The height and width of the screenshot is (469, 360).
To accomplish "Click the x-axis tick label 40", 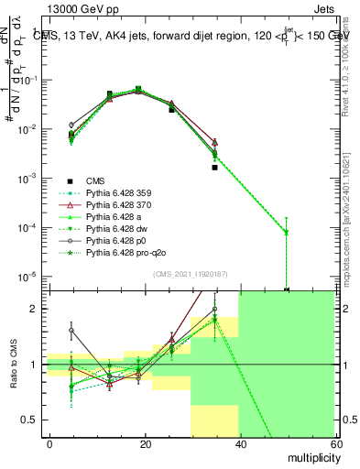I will pos(239,442).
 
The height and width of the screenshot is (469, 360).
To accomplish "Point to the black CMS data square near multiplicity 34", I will pos(214,168).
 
